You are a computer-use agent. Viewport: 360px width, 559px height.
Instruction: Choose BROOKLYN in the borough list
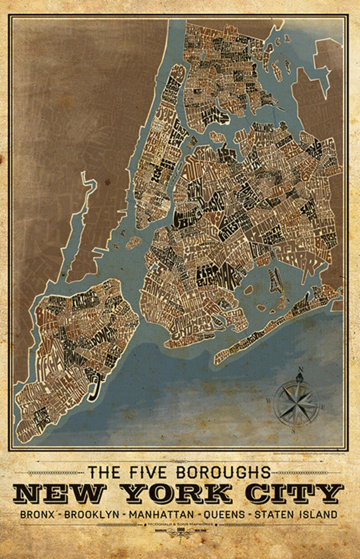92,515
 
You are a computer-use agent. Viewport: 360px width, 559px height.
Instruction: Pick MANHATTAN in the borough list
162,515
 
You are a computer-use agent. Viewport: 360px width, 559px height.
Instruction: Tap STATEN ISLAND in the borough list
296,515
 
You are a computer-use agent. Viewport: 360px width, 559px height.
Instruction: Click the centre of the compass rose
296,402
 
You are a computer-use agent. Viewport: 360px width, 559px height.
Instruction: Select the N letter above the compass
298,376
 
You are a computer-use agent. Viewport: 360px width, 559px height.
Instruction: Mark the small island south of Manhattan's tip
133,243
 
